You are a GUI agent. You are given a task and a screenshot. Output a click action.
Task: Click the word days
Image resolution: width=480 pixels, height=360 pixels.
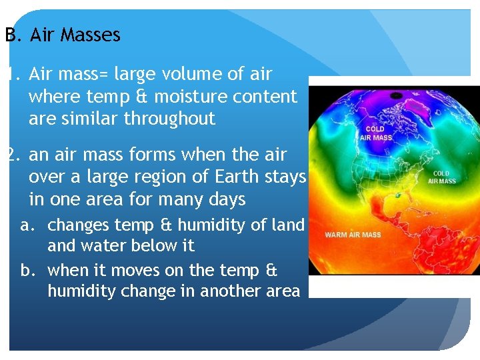point(227,199)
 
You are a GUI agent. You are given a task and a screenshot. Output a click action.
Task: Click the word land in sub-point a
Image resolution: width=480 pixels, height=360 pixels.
point(288,225)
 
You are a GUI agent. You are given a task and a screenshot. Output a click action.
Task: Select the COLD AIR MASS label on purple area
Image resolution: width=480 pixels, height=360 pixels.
point(377,133)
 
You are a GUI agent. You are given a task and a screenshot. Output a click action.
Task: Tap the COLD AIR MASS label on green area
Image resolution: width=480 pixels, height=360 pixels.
point(442,177)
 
